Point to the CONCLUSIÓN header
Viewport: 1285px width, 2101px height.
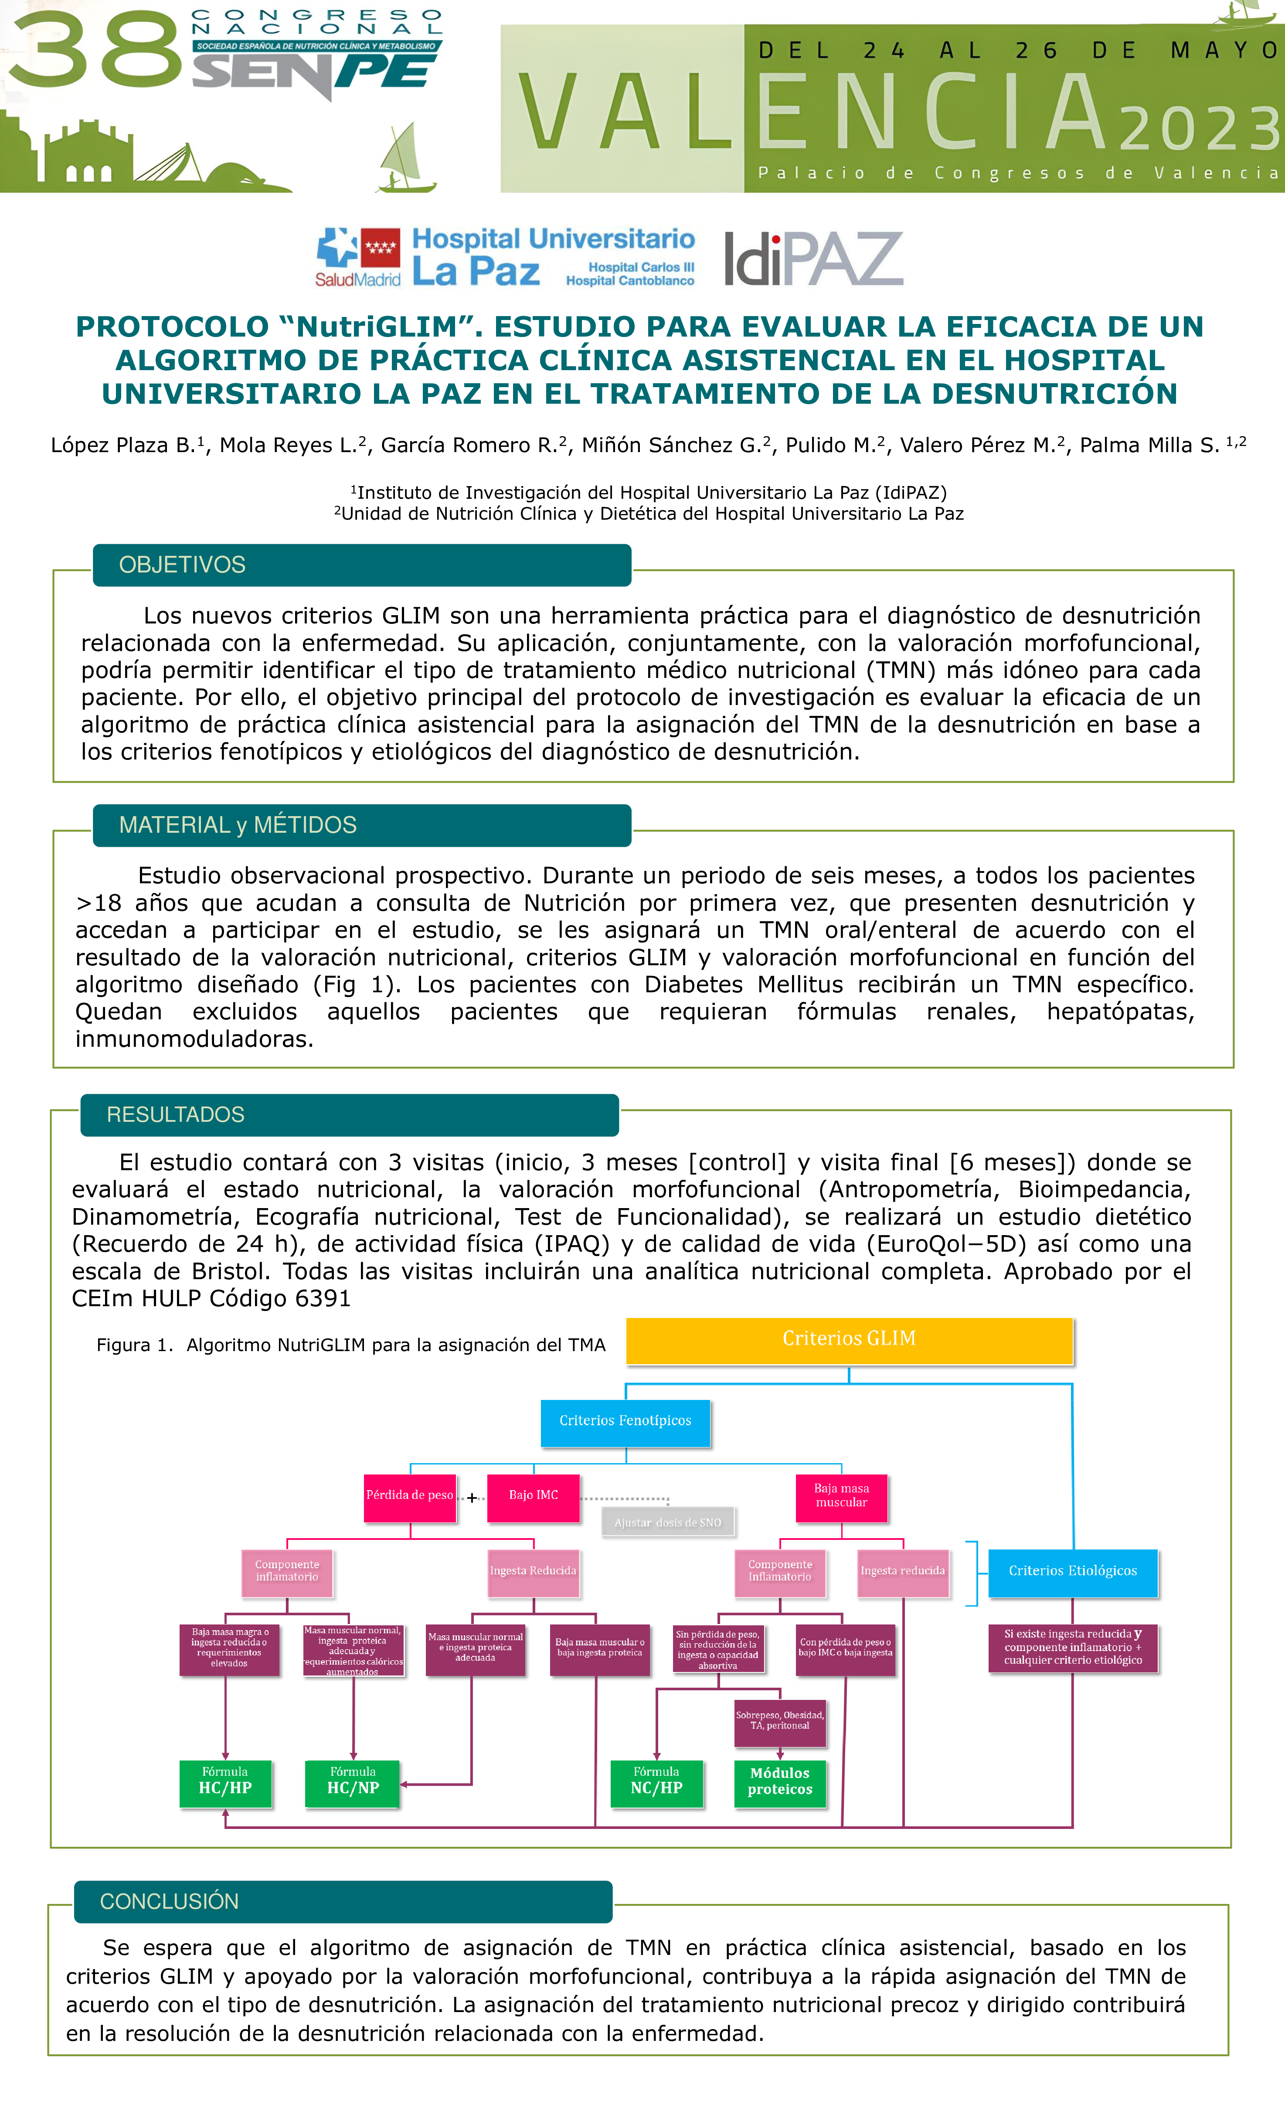point(343,1901)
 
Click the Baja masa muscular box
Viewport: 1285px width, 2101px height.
point(842,1495)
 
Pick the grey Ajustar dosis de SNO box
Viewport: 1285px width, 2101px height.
point(668,1523)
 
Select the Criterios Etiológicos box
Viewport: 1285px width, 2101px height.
point(1073,1571)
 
